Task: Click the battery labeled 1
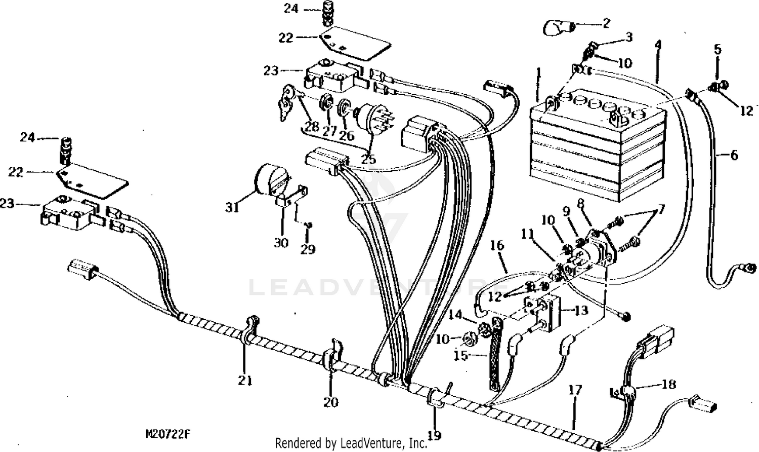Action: point(597,147)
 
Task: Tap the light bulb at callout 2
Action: point(558,27)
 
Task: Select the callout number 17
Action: point(575,390)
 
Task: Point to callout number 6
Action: point(734,155)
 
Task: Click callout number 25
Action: point(368,159)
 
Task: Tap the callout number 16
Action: point(497,246)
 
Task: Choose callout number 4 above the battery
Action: point(657,45)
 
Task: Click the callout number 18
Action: point(668,385)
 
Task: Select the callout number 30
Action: point(281,243)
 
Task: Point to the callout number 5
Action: point(718,49)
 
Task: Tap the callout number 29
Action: point(308,249)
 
